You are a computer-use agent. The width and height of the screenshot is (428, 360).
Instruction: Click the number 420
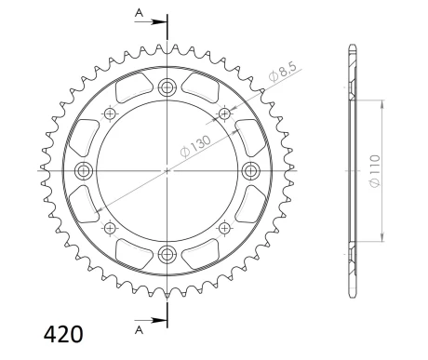62,333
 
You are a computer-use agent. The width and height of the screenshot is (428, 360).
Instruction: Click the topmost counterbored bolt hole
167,88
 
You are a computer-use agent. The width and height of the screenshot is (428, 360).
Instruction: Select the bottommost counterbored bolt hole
167,254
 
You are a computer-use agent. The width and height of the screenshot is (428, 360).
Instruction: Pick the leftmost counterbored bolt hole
85,171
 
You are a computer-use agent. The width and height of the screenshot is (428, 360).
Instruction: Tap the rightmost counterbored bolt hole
250,171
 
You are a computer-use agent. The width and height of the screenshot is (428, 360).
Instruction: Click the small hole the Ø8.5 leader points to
224,114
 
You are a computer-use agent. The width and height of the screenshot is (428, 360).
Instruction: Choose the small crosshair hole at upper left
110,114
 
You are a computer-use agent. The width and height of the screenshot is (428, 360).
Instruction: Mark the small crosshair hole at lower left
110,229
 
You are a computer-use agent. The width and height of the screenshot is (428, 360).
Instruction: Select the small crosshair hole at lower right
224,229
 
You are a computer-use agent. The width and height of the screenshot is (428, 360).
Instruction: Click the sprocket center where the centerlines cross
167,171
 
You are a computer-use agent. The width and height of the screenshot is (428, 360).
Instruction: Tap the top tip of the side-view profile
352,46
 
